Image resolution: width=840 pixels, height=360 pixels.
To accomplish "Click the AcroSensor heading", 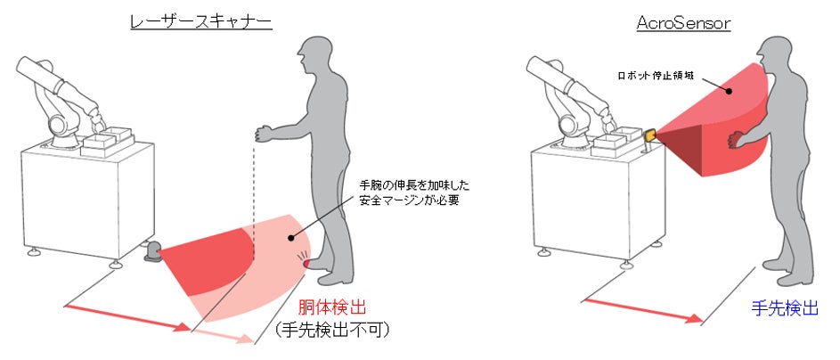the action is (x=683, y=22).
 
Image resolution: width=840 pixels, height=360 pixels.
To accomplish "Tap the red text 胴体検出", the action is (x=332, y=308).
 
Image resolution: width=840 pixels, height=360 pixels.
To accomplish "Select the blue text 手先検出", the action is (x=785, y=308).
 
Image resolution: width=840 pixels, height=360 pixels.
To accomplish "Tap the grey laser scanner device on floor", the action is (x=153, y=252).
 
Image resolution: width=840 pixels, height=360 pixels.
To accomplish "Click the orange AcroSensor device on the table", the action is (x=651, y=136).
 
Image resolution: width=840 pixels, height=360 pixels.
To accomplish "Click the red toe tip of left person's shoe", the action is (x=306, y=264).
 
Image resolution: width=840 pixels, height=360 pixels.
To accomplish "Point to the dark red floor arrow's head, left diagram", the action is (x=184, y=327).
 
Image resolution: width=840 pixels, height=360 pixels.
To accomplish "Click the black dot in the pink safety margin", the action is (x=291, y=237).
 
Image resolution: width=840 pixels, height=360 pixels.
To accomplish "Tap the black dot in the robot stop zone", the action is (x=730, y=92).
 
